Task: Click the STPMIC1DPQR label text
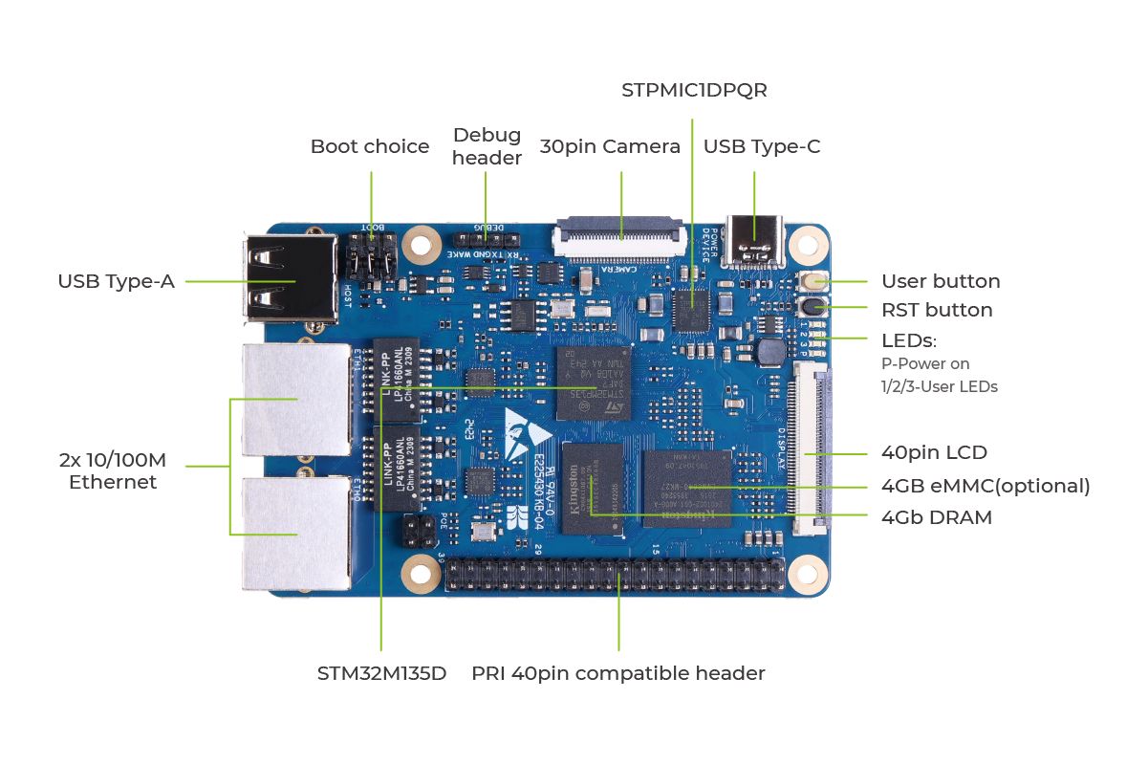point(694,90)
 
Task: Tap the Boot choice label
point(370,146)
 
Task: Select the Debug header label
point(487,146)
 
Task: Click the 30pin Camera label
point(610,146)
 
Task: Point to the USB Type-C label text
point(762,146)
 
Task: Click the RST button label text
point(937,310)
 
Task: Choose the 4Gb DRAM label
point(937,517)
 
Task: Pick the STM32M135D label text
point(382,673)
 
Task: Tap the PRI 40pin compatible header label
point(618,673)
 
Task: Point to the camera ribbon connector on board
point(619,237)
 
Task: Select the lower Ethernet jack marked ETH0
point(296,532)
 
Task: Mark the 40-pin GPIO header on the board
point(617,575)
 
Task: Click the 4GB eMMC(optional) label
point(986,486)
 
